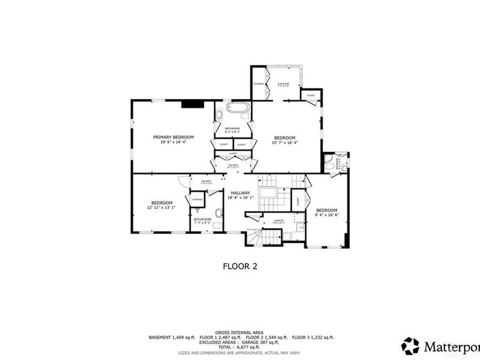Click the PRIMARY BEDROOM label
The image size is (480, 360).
173,137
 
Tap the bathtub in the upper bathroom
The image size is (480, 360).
237,109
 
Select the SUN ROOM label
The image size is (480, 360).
283,83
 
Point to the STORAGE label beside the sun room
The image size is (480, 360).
259,83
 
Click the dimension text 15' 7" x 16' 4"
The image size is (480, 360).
285,142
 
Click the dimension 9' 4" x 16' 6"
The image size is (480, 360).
328,215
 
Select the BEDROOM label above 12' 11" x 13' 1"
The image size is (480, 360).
162,202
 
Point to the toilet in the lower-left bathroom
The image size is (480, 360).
218,212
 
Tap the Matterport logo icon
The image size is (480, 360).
410,346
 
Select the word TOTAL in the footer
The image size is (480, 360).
226,348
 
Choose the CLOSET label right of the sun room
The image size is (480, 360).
311,95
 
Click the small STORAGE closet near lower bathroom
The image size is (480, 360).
197,198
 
